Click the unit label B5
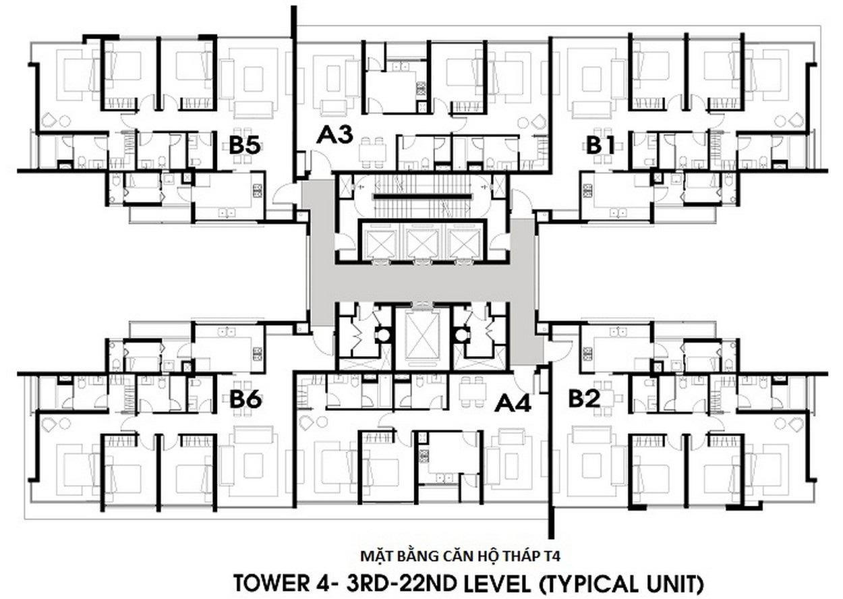tap(245, 145)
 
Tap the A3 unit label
tap(335, 135)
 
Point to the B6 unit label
tap(245, 399)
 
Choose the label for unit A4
tap(513, 403)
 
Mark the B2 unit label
tap(584, 399)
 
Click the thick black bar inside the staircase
tap(422, 196)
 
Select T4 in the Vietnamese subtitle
tap(552, 556)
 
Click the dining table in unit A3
tap(372, 152)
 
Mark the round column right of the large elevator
tap(461, 334)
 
